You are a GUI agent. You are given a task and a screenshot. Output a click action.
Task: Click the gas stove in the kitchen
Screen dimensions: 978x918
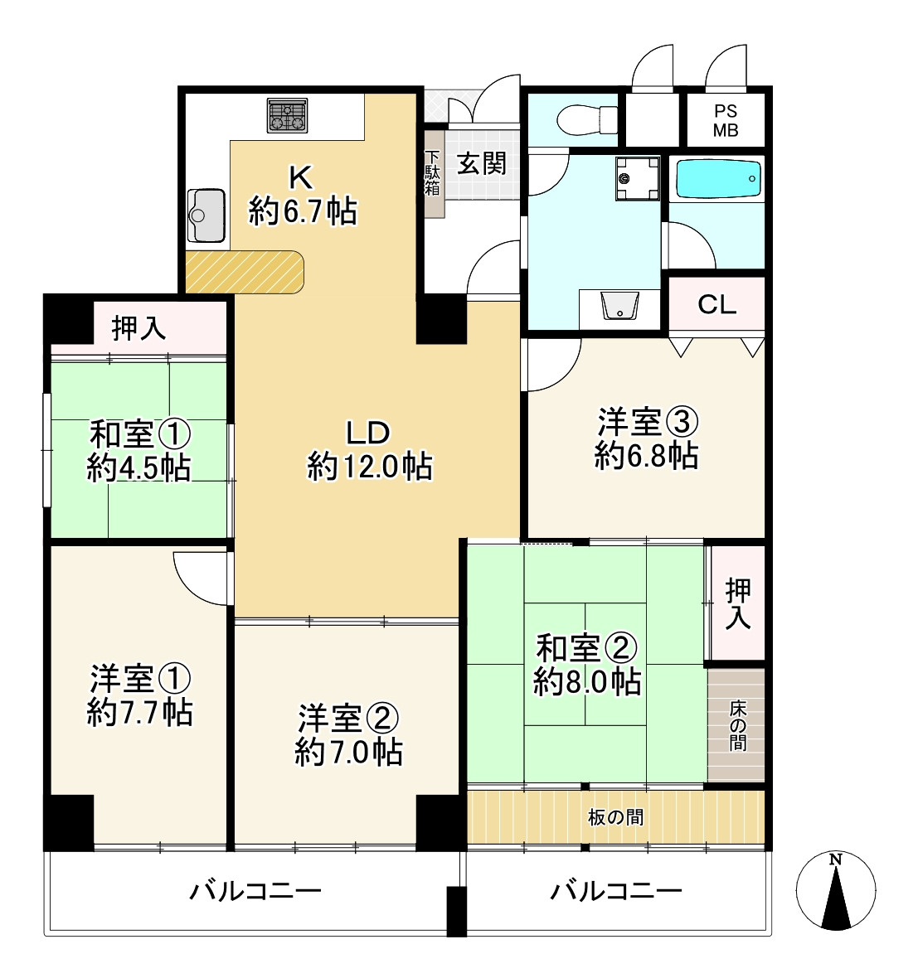click(288, 116)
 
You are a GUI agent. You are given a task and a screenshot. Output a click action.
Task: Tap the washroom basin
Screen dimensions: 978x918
click(619, 307)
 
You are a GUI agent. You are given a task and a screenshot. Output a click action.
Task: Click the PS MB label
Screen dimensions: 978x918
click(726, 121)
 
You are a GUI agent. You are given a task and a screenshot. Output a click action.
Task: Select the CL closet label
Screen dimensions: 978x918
click(716, 305)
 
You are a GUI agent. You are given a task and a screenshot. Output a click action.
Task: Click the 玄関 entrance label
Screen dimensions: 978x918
click(482, 162)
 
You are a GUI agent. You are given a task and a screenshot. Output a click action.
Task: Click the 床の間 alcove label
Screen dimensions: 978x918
click(736, 724)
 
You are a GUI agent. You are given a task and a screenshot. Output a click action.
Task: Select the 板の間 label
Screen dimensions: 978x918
click(615, 817)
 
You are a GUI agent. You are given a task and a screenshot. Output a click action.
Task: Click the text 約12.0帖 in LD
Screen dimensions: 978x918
click(369, 467)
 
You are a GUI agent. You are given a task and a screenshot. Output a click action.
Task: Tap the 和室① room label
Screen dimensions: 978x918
click(140, 434)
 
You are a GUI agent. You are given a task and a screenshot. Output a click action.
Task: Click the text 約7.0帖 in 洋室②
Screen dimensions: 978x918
click(349, 752)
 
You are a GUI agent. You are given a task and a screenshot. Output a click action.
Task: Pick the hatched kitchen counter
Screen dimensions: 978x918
click(245, 272)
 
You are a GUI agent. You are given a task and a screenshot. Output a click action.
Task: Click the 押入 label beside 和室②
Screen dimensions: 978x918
click(737, 603)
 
